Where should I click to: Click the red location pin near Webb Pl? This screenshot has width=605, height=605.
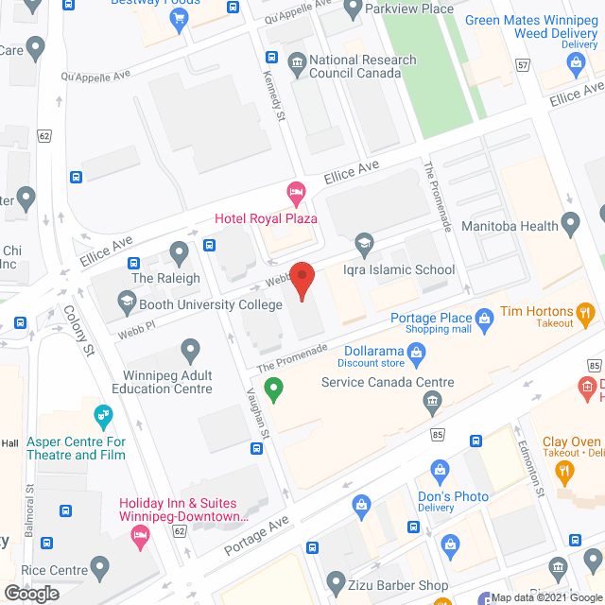click(x=302, y=281)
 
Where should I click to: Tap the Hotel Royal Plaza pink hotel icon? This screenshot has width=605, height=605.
click(x=296, y=195)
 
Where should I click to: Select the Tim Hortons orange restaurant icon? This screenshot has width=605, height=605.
click(x=586, y=312)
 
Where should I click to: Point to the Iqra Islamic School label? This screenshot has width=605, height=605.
click(x=399, y=269)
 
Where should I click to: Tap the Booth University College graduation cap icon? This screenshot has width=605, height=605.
click(x=126, y=303)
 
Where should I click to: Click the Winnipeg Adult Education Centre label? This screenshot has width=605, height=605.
click(x=161, y=382)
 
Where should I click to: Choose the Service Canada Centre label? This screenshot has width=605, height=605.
click(x=388, y=383)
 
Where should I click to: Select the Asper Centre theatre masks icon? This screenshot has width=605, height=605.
click(x=103, y=415)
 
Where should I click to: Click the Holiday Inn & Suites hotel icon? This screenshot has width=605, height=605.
click(x=141, y=536)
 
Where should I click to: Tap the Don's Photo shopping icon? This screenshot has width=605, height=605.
click(x=440, y=470)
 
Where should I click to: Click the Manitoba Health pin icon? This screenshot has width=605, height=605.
click(x=570, y=224)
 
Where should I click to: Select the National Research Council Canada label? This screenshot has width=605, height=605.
click(x=364, y=67)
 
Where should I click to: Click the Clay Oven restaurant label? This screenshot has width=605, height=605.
click(x=572, y=442)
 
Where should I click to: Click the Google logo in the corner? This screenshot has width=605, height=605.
click(x=32, y=593)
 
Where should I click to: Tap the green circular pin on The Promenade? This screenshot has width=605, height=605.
click(x=274, y=388)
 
